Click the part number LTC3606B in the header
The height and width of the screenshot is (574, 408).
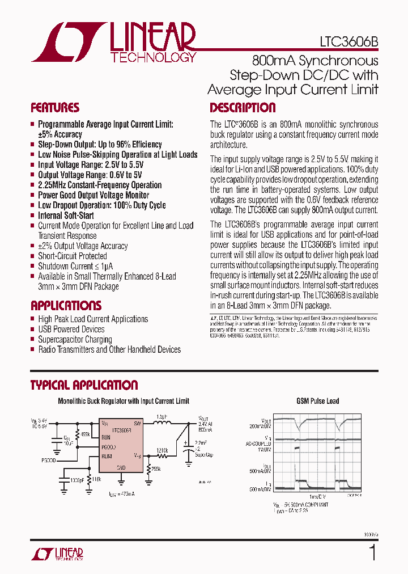click(x=346, y=43)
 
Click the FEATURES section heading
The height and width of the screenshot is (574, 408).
click(x=55, y=108)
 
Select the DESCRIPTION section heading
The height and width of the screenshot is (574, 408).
click(x=243, y=108)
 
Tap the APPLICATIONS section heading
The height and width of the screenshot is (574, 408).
click(x=66, y=305)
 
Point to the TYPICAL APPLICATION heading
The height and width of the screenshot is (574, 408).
click(x=84, y=385)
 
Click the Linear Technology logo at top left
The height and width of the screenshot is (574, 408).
click(x=113, y=43)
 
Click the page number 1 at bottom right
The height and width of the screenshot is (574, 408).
click(x=372, y=552)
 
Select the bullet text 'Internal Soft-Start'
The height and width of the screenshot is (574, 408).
click(x=66, y=216)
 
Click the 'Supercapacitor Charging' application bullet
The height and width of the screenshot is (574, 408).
click(x=75, y=339)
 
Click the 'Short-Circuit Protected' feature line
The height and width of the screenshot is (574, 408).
click(x=72, y=256)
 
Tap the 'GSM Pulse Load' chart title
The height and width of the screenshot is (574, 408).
click(x=317, y=401)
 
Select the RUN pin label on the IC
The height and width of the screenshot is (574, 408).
click(x=106, y=437)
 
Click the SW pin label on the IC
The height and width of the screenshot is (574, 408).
click(x=137, y=423)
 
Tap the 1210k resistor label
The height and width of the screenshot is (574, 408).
click(x=162, y=450)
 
